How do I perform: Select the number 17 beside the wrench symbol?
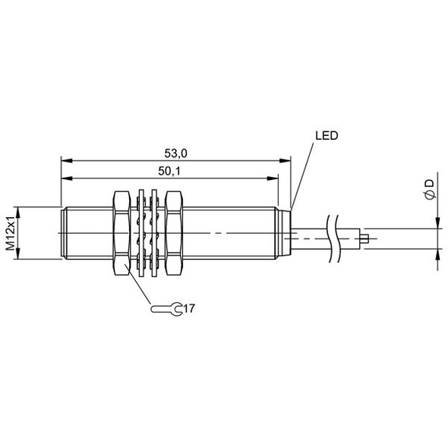coord(190,308)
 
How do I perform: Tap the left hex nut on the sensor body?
coord(121,233)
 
